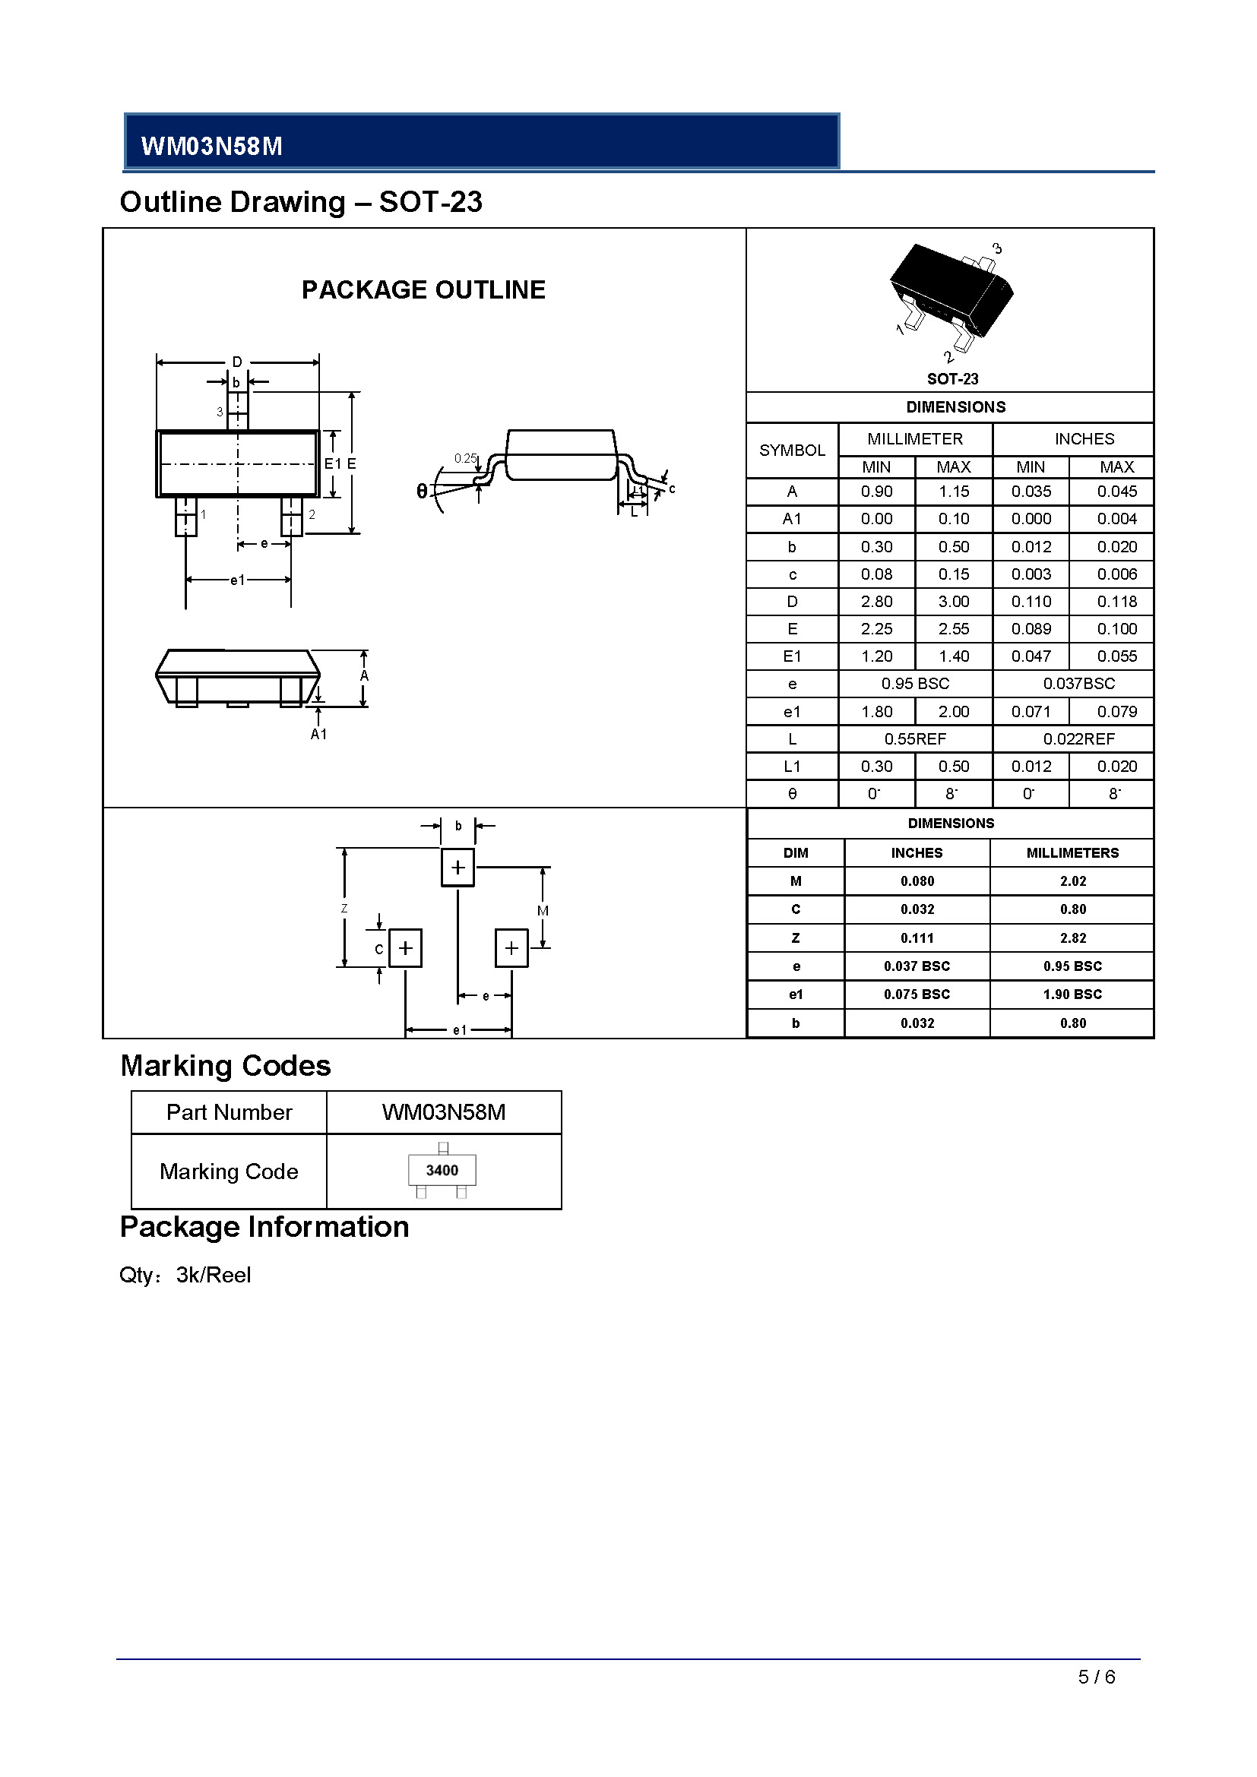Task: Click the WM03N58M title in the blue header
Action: click(211, 147)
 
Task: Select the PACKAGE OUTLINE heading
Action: click(423, 289)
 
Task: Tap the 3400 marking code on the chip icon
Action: click(442, 1170)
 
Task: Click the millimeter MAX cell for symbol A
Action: click(954, 492)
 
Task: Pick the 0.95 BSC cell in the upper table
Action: click(915, 684)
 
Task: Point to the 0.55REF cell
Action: click(915, 739)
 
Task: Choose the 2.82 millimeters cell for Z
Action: click(1073, 938)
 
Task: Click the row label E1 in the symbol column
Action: click(792, 656)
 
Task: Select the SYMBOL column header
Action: click(792, 451)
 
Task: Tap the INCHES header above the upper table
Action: click(1084, 439)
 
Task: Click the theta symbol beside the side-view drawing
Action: click(422, 491)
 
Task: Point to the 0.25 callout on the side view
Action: click(465, 458)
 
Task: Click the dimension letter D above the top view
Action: click(238, 362)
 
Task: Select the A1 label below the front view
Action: click(319, 734)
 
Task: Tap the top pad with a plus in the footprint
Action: click(458, 867)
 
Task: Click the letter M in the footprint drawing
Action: click(543, 911)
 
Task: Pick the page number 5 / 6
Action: click(1096, 1677)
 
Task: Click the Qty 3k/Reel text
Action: click(185, 1275)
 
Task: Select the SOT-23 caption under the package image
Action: click(953, 379)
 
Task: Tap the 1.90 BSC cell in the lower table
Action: click(1073, 994)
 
